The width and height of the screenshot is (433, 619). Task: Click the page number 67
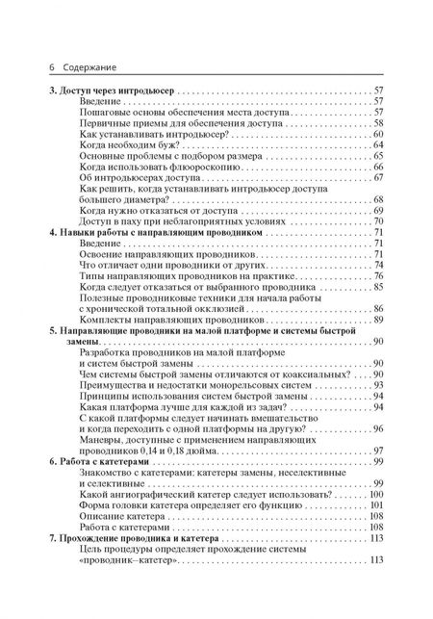click(x=377, y=178)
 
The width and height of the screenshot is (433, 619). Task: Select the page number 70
click(x=377, y=220)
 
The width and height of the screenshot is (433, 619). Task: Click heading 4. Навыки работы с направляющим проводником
click(x=154, y=233)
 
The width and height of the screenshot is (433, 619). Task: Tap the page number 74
click(x=377, y=263)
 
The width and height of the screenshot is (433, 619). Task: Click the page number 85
click(x=377, y=287)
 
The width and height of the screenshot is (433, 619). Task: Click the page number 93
click(x=377, y=383)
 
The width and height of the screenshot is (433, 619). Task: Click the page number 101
click(x=375, y=503)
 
